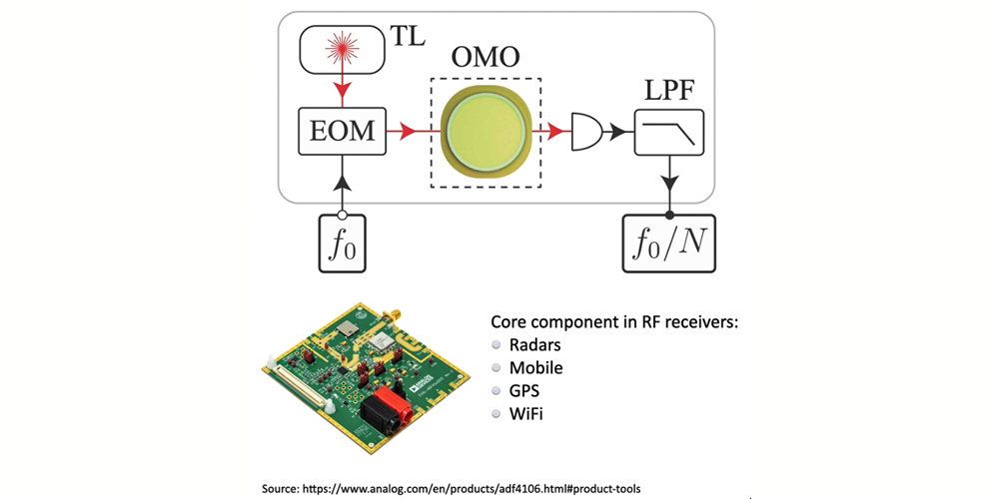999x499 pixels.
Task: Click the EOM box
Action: (x=342, y=131)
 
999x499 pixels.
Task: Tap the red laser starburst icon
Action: (x=342, y=50)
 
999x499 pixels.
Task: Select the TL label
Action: (x=407, y=37)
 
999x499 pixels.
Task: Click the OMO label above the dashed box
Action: (x=485, y=59)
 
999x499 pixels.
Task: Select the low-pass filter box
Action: (x=669, y=132)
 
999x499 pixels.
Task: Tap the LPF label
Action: (x=669, y=94)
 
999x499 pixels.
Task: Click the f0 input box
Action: (x=342, y=244)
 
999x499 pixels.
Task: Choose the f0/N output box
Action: (x=669, y=244)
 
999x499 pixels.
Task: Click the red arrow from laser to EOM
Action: (x=342, y=87)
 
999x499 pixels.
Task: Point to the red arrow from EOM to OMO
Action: (x=413, y=133)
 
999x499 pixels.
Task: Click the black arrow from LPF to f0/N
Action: (x=669, y=185)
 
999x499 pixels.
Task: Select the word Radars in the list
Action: (x=535, y=345)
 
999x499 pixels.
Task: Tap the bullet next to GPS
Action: (x=497, y=391)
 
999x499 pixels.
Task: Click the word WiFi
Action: (x=526, y=414)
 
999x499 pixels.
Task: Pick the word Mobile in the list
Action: (x=536, y=368)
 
